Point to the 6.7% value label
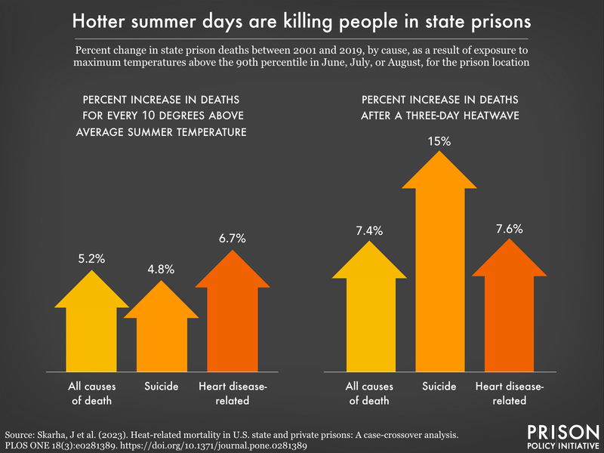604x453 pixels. point(233,239)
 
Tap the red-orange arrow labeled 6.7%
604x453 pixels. point(233,317)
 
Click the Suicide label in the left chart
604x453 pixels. point(161,387)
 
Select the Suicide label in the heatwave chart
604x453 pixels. point(440,387)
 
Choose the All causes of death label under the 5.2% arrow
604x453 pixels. point(91,393)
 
